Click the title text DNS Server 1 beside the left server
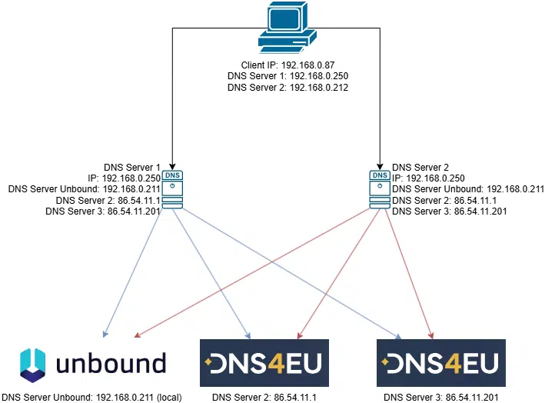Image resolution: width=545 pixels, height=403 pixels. click(x=131, y=166)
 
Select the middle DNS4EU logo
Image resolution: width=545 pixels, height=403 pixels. click(x=264, y=362)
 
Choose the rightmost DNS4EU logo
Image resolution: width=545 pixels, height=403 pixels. click(x=441, y=362)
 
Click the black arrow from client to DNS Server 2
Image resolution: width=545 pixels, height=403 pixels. click(x=379, y=100)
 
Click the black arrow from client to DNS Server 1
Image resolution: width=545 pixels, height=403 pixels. click(x=172, y=100)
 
